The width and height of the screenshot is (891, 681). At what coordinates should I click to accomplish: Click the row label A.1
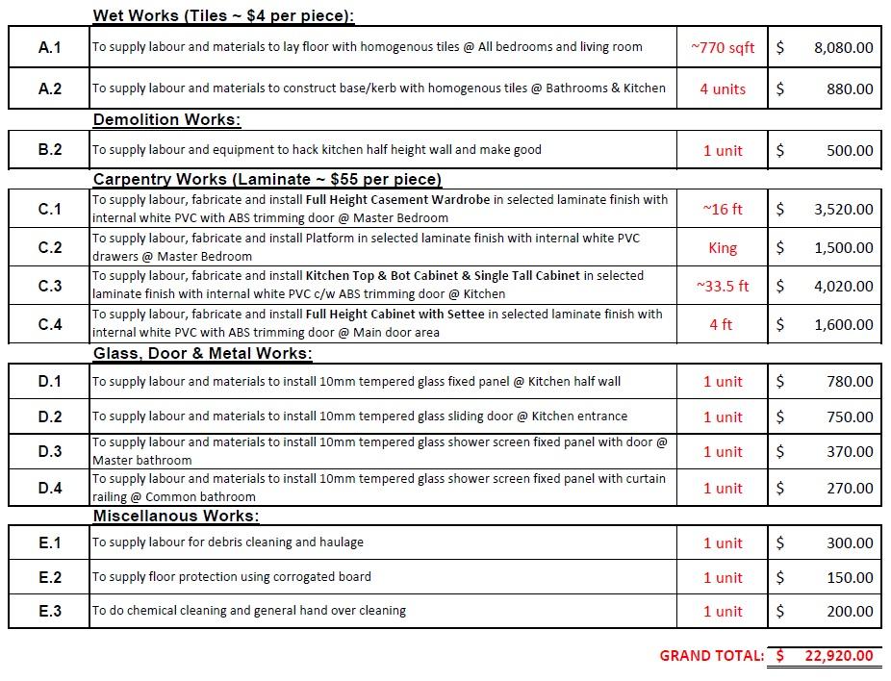click(x=49, y=47)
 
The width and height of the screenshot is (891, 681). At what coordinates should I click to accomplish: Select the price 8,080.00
click(x=843, y=47)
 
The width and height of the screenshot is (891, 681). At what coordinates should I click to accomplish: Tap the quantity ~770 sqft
click(x=723, y=47)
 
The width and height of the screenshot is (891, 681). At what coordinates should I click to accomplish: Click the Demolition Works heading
click(x=166, y=120)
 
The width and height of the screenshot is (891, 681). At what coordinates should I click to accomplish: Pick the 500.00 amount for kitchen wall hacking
click(x=850, y=150)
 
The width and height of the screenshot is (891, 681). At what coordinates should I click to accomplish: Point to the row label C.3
click(x=49, y=286)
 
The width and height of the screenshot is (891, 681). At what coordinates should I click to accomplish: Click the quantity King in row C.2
click(x=723, y=247)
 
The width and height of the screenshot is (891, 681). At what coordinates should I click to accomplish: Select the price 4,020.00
click(x=843, y=286)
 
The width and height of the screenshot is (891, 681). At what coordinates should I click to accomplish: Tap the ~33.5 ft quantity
click(x=723, y=286)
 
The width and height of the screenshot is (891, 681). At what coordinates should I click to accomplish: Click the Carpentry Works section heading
click(x=267, y=179)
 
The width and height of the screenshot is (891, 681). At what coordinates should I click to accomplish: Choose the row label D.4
click(x=49, y=488)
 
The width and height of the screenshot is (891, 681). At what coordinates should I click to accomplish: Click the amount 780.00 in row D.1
click(x=850, y=382)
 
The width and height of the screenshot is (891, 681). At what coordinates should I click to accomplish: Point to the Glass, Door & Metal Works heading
click(x=202, y=353)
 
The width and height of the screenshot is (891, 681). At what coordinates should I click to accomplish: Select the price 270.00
click(x=850, y=488)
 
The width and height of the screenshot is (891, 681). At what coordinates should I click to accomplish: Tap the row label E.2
click(x=49, y=577)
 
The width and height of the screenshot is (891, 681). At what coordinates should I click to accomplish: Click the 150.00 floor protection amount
click(x=850, y=577)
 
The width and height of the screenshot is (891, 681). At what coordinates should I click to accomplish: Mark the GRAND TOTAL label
click(x=711, y=656)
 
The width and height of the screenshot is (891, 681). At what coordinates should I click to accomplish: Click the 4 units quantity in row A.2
click(x=723, y=88)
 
